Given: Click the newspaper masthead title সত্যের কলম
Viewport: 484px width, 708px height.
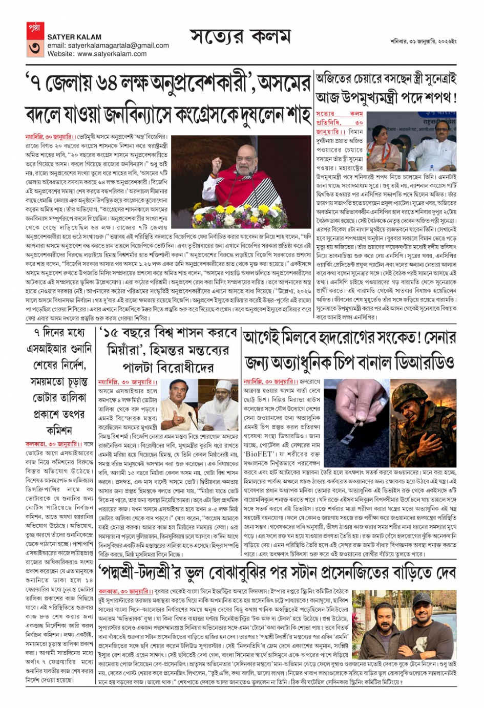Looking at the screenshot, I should coord(240,37).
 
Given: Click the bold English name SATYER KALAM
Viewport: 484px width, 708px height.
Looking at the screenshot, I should coord(74,37).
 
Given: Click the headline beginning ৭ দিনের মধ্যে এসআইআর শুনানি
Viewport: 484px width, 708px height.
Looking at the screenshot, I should coord(59,381).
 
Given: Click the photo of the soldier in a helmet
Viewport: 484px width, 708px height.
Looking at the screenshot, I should coord(423,415).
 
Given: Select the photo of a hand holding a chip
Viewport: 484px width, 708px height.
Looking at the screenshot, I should coord(356,415).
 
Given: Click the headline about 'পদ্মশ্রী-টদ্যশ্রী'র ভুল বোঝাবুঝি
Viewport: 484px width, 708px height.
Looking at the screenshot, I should coord(277,572).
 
